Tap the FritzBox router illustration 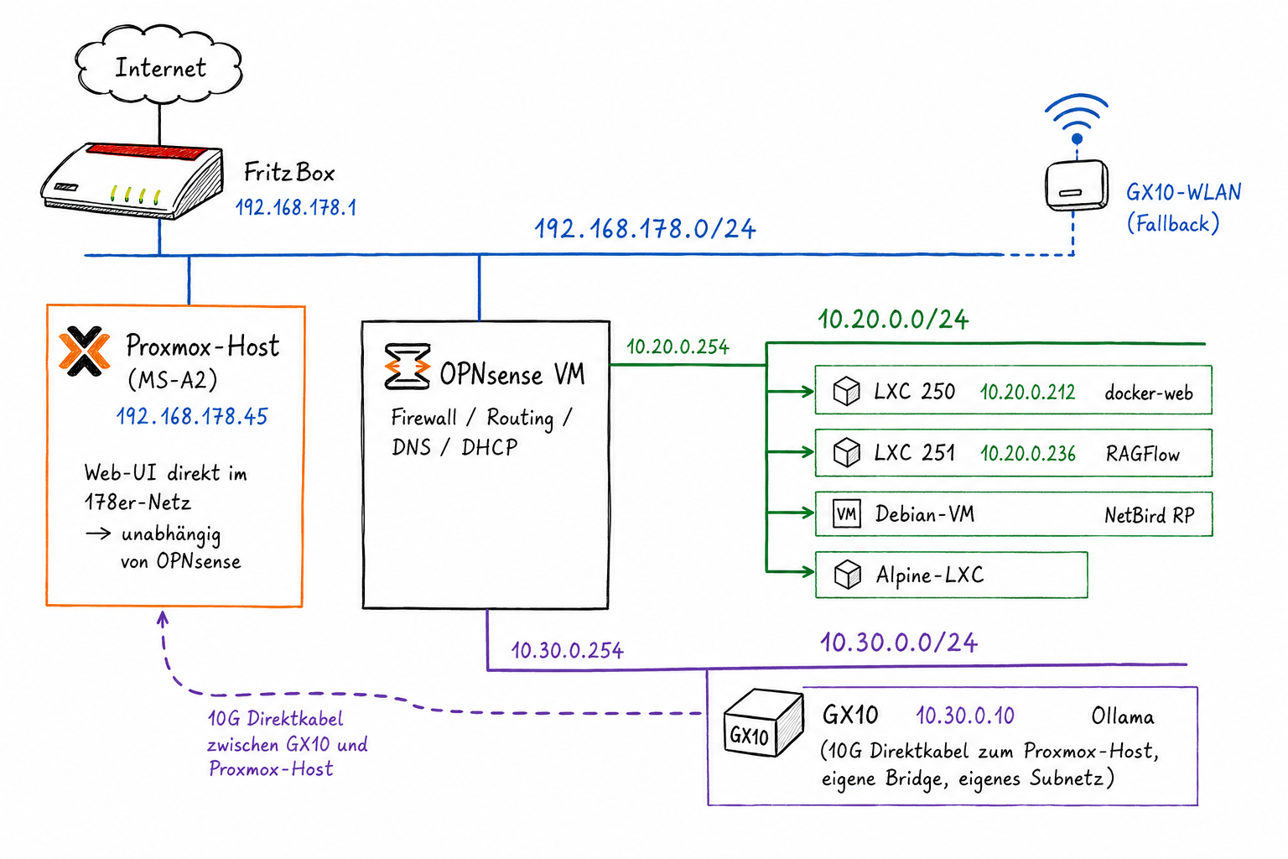coord(132,180)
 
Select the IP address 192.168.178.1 coord(296,208)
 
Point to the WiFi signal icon coord(1077,118)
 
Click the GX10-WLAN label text coord(1183,192)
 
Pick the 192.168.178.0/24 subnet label coord(645,229)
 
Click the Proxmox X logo coord(85,351)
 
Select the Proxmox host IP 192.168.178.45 coord(192,416)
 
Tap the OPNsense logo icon coord(407,367)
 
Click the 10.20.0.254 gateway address coord(678,347)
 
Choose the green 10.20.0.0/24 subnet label coord(893,320)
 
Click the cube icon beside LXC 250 coord(846,391)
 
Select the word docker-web coord(1148,393)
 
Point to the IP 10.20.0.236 coord(1027,453)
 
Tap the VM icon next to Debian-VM coord(846,513)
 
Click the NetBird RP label coord(1149,515)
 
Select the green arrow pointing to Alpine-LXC coord(790,572)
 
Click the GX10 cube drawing coord(762,723)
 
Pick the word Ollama coord(1123,716)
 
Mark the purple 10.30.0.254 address coord(567,651)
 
